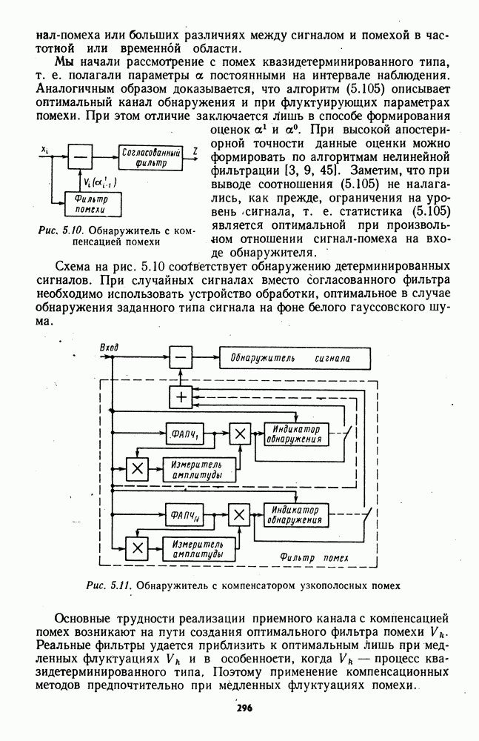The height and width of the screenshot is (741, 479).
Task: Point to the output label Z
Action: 194,150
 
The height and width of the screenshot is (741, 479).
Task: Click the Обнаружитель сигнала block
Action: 295,359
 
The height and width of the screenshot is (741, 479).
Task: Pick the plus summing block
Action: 180,397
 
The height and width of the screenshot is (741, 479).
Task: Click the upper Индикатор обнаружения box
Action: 295,434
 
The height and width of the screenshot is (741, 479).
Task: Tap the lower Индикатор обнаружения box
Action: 295,514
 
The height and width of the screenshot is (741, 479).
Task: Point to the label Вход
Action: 108,346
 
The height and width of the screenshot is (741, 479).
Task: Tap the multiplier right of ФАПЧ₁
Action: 238,434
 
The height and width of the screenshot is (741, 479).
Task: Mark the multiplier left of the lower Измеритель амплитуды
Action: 137,548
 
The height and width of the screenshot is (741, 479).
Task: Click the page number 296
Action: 244,708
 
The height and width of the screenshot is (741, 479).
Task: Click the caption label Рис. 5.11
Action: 109,585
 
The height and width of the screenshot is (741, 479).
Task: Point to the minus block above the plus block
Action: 180,359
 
